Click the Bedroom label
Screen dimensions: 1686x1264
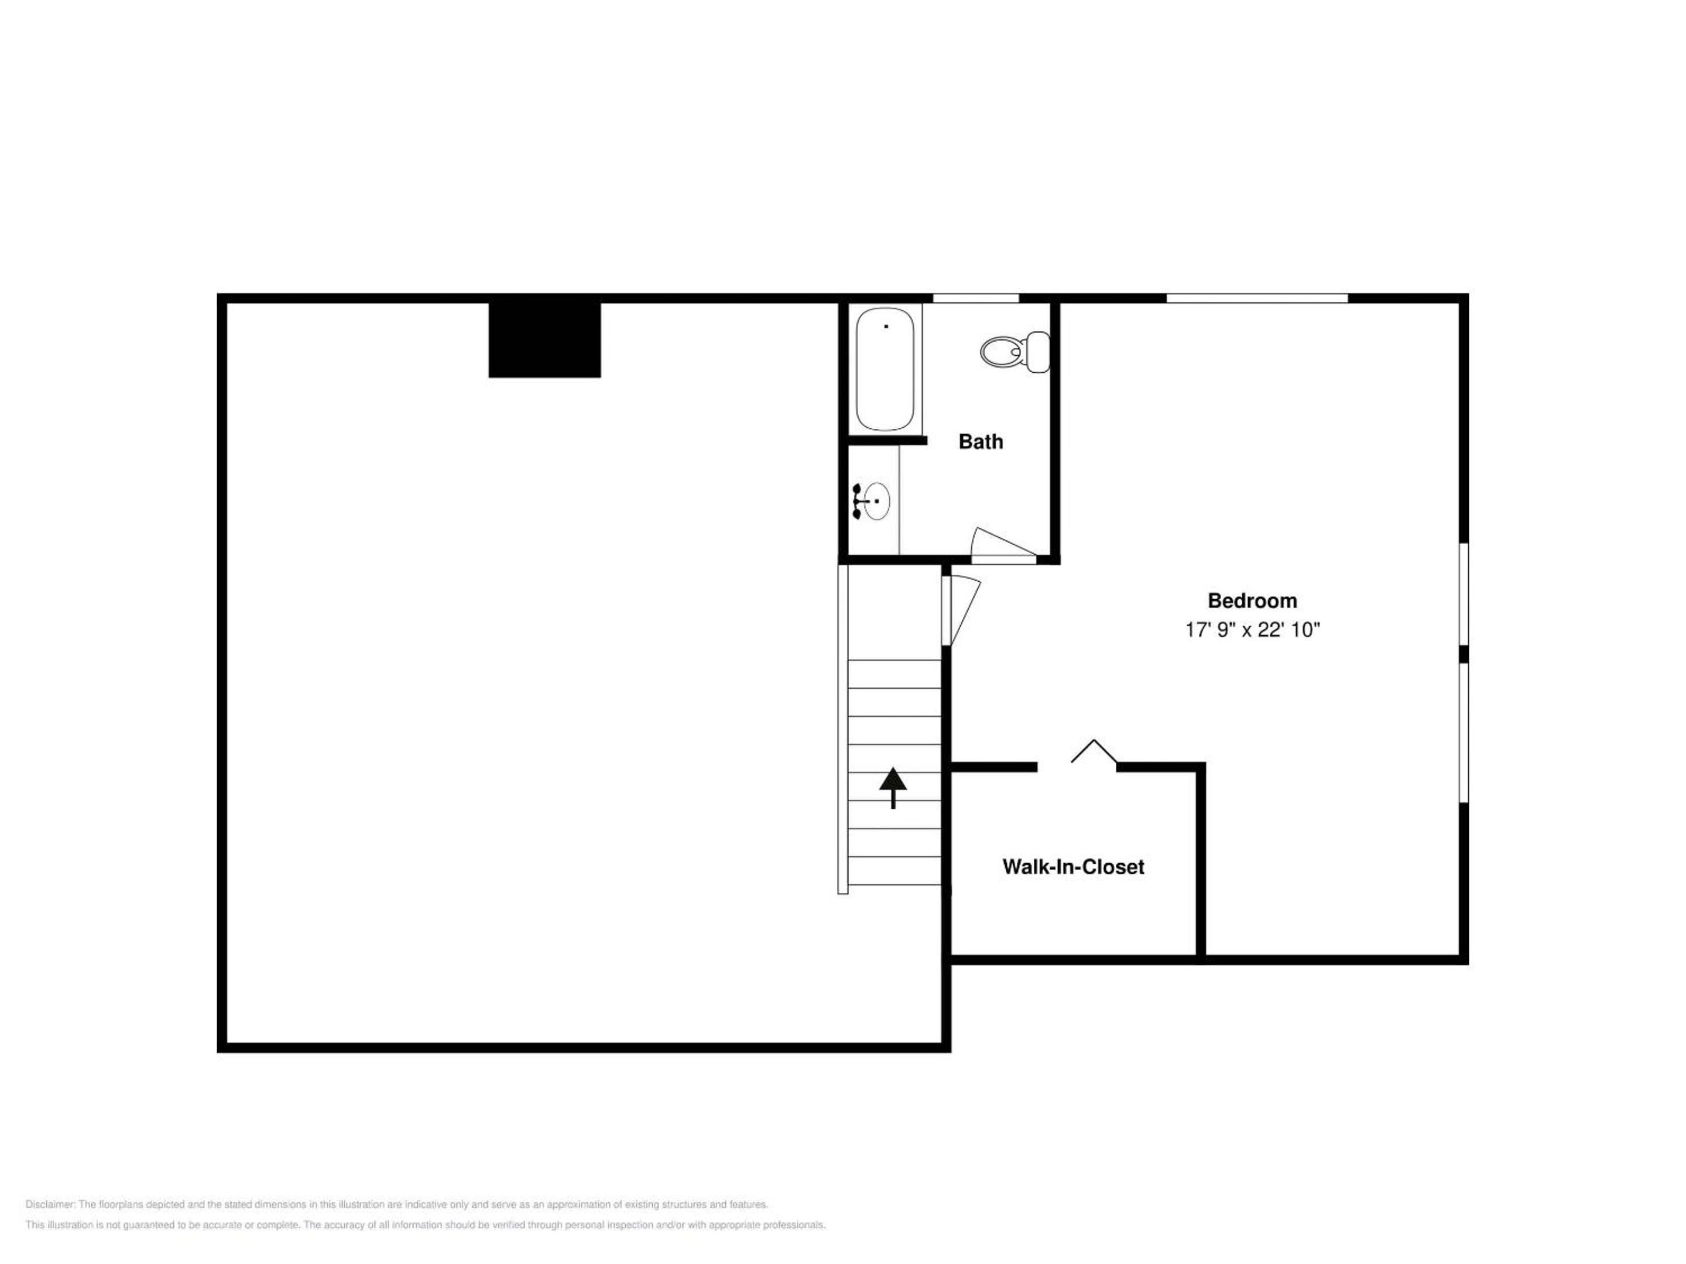tap(1252, 601)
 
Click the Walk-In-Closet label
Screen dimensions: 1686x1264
tap(1073, 867)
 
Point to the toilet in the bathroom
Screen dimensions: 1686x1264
tap(1015, 352)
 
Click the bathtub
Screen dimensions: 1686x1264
tap(885, 369)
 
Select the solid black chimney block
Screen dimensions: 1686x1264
tap(544, 340)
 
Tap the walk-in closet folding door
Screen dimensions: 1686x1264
tap(1094, 751)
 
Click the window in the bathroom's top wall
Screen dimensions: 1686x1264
tap(976, 298)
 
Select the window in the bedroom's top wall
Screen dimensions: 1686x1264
tap(1257, 298)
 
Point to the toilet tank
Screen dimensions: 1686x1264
tap(1038, 352)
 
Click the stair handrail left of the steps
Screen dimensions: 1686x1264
tap(843, 729)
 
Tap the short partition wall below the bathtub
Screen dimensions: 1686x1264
tap(887, 441)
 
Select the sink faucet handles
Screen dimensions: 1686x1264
tap(858, 502)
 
